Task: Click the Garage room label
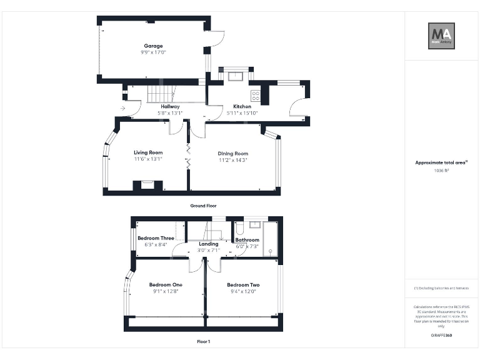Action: point(154,46)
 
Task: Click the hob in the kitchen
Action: point(256,96)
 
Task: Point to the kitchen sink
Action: point(236,76)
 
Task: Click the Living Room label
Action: point(148,152)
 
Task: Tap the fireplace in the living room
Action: point(147,185)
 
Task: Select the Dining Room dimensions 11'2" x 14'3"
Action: point(233,160)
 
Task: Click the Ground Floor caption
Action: point(203,205)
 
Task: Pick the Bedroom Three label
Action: point(156,238)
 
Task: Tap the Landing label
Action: point(209,244)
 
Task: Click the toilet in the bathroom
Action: point(241,229)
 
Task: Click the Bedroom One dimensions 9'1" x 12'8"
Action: point(166,291)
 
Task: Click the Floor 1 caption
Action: point(203,342)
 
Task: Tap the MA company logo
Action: point(441,36)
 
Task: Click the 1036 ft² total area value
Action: point(441,170)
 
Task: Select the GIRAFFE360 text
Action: point(441,336)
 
